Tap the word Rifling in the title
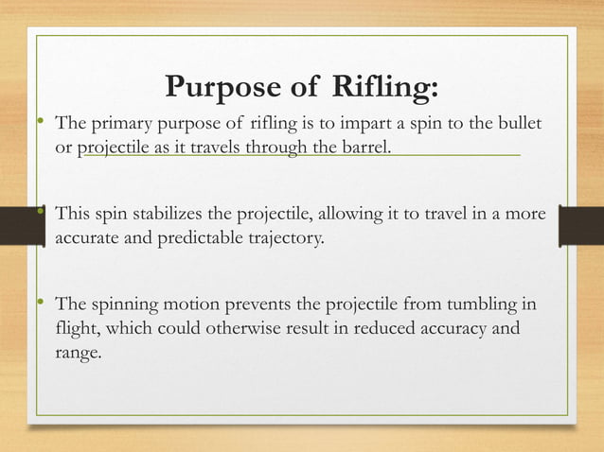385,89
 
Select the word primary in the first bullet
119,125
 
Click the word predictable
205,237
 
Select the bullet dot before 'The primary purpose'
40,123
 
